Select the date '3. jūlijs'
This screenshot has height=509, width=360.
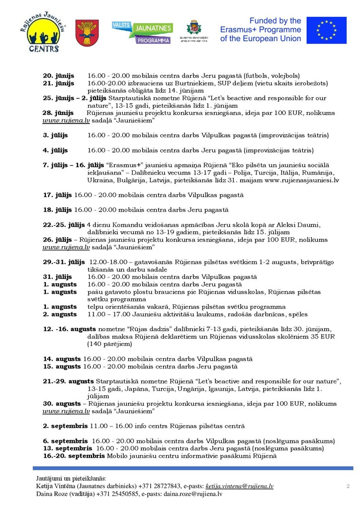click(55, 135)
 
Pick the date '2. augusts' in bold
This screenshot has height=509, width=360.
click(60, 314)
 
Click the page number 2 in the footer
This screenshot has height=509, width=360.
click(348, 486)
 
